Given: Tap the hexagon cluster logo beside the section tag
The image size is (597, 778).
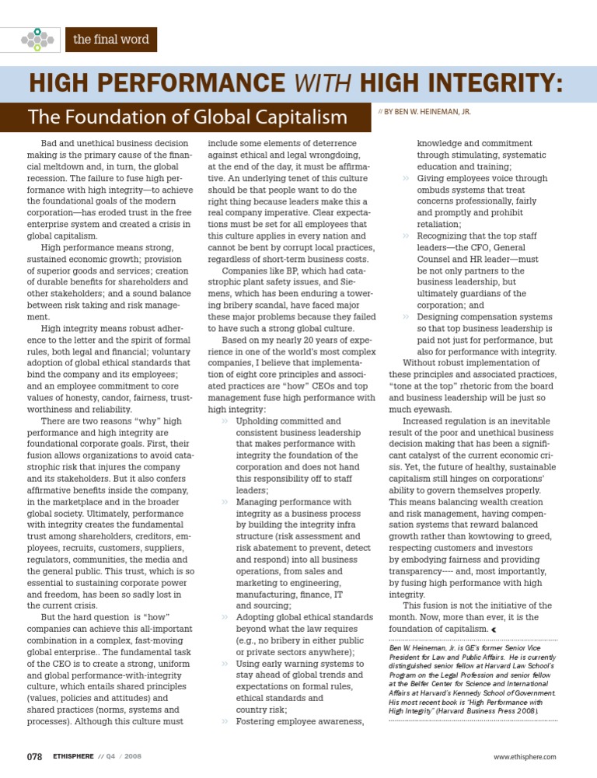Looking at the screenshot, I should (x=37, y=39).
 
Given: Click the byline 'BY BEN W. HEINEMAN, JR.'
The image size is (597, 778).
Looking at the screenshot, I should (x=428, y=111).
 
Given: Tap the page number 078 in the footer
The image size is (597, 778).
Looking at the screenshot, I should (x=34, y=756).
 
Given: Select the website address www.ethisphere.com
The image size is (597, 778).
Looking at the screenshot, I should (x=525, y=757).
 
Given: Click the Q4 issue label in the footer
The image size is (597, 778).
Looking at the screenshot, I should (x=104, y=757).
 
